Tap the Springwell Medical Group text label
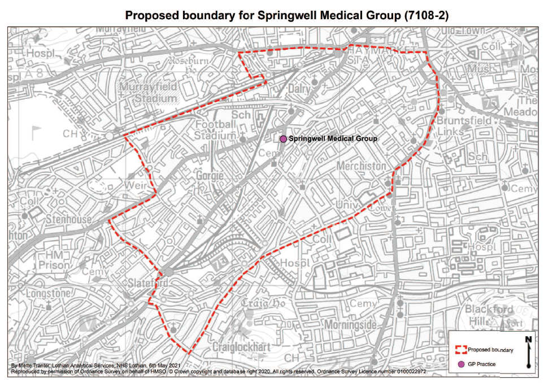pos(333,138)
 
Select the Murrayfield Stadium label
pos(147,93)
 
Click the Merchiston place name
pos(361,166)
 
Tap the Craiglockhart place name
pos(241,346)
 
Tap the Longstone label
pos(48,293)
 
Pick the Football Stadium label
pos(215,130)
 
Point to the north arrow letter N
pos(529,340)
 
